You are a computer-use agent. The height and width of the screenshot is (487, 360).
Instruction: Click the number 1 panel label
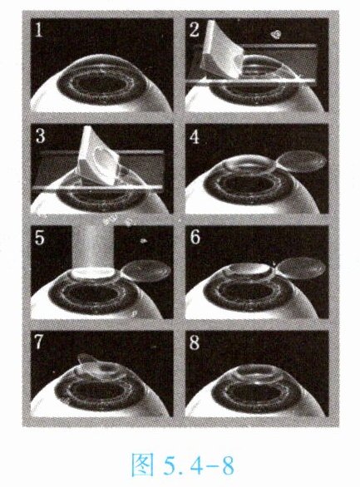pyautogui.click(x=38, y=31)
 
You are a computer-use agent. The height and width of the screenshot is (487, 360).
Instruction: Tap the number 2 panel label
pyautogui.click(x=194, y=31)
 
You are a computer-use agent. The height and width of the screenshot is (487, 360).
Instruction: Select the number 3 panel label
pyautogui.click(x=41, y=136)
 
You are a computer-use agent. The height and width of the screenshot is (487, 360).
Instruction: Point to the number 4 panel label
pyautogui.click(x=195, y=136)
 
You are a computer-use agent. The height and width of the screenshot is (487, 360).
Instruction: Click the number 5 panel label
pyautogui.click(x=39, y=238)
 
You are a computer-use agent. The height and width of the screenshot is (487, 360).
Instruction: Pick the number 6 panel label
pyautogui.click(x=195, y=238)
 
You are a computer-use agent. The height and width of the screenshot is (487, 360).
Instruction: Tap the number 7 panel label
pyautogui.click(x=39, y=342)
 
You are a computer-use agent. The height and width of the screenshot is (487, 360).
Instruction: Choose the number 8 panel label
pyautogui.click(x=195, y=342)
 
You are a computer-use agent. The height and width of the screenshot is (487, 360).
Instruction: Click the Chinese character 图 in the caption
pyautogui.click(x=142, y=465)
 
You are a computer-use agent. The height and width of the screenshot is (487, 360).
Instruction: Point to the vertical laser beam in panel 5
pyautogui.click(x=92, y=247)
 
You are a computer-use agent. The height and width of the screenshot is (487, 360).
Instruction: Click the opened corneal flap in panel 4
pyautogui.click(x=301, y=161)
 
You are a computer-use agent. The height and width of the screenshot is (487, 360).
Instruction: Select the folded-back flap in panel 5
pyautogui.click(x=146, y=271)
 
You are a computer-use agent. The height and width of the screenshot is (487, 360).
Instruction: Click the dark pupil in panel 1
pyautogui.click(x=100, y=83)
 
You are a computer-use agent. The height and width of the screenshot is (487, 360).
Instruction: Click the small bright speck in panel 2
pyautogui.click(x=275, y=33)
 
